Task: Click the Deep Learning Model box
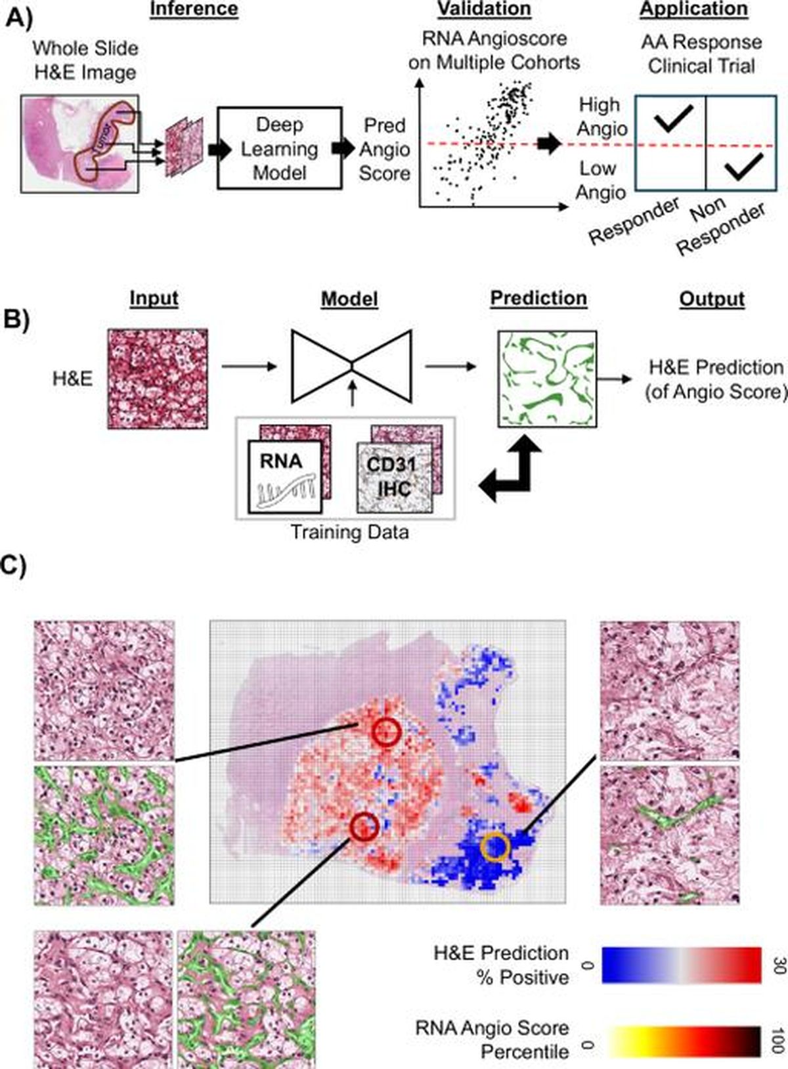(279, 148)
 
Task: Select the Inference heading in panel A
(194, 10)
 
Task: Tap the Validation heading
(484, 9)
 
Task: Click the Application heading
(694, 9)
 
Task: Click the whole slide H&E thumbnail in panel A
(79, 143)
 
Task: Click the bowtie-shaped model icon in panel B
(352, 367)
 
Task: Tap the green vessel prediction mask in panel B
(547, 379)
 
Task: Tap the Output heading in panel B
(712, 299)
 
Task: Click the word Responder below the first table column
(634, 221)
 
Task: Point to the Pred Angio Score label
(384, 149)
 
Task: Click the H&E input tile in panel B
(158, 379)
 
